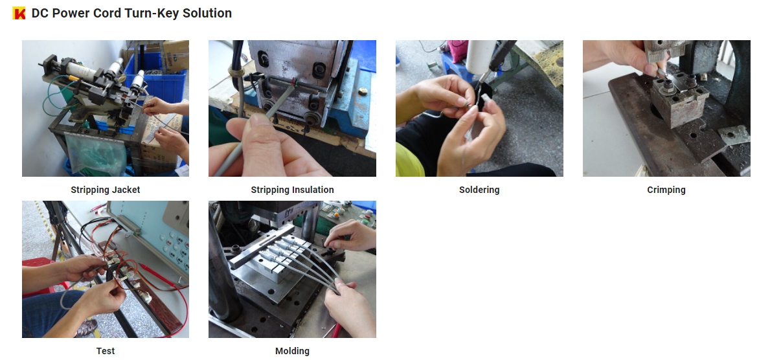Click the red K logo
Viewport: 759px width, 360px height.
[19, 13]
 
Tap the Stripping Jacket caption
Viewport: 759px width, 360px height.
[106, 190]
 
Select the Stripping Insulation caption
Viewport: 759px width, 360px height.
[292, 190]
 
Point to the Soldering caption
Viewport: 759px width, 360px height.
[479, 190]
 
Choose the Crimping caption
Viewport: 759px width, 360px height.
[666, 190]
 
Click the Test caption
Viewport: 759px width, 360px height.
[106, 351]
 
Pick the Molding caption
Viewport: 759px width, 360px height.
[292, 351]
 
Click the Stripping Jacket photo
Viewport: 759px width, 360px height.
[106, 108]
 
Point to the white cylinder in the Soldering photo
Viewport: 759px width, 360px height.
[479, 56]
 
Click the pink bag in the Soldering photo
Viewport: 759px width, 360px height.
[457, 51]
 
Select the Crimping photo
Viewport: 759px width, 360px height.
[666, 108]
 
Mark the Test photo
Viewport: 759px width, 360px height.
[106, 269]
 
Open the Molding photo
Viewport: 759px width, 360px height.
[292, 269]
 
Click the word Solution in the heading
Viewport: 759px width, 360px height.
[207, 13]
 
